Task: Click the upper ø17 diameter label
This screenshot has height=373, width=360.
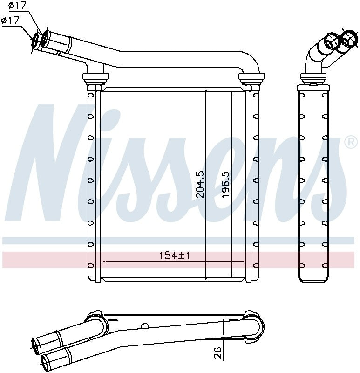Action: click(x=18, y=6)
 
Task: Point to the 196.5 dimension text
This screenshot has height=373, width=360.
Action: click(x=226, y=184)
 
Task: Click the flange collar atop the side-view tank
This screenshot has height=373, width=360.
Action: click(x=313, y=76)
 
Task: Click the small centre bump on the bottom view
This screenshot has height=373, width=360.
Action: click(x=145, y=326)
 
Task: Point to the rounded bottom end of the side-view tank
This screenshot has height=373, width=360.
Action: click(x=313, y=277)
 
